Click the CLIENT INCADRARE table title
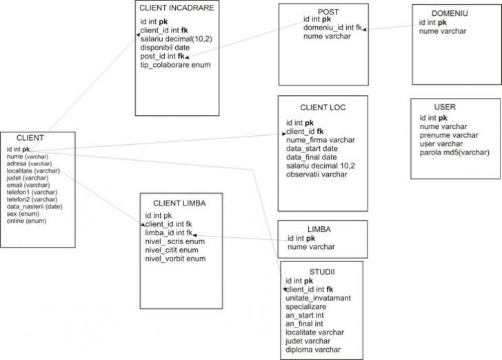tap(177, 8)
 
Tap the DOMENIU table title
tap(450, 13)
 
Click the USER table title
tap(445, 108)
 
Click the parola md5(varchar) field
tap(454, 152)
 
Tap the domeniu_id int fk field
tap(333, 28)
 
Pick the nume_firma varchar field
tap(321, 140)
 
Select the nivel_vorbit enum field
tap(175, 259)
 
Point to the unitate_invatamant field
tap(318, 297)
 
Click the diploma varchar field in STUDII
tap(313, 349)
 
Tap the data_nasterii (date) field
tap(34, 206)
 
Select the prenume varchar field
tap(449, 135)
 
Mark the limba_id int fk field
tap(169, 232)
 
